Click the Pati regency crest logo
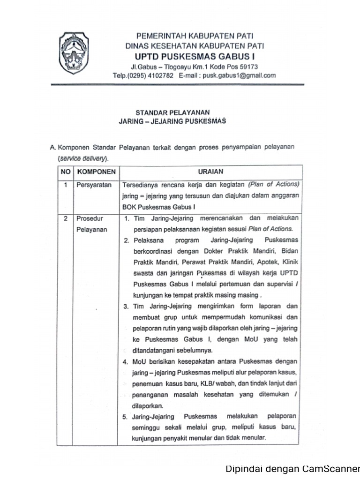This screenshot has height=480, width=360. click(x=74, y=53)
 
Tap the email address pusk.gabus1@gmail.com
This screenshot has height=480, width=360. click(x=239, y=75)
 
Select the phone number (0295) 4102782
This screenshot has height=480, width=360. click(x=150, y=75)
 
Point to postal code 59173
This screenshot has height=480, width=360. click(x=248, y=66)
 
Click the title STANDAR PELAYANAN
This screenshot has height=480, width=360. click(x=172, y=112)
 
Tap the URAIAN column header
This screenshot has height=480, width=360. click(x=210, y=172)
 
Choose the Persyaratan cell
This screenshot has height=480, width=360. click(x=94, y=185)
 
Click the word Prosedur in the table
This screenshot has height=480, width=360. click(x=89, y=218)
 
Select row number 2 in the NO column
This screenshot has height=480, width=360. click(x=65, y=218)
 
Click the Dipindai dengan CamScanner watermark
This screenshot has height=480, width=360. click(x=292, y=469)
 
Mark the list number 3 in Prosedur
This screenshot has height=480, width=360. click(x=126, y=307)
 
